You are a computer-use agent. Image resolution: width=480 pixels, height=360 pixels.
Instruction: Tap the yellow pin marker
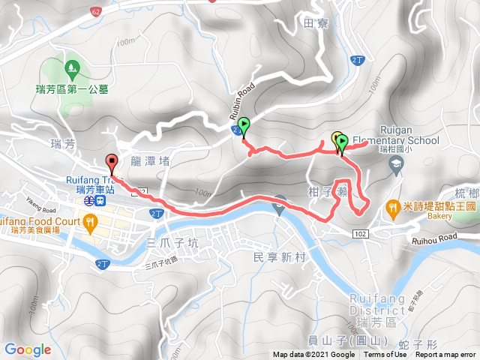point(336,139)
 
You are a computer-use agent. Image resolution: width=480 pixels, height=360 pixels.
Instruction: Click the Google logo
point(28,349)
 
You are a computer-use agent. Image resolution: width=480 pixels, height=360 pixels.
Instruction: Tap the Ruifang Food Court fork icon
point(90,221)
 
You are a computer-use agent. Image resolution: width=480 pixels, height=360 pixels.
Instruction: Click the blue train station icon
point(88,201)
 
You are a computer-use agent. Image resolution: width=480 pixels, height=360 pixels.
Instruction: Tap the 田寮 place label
point(316,23)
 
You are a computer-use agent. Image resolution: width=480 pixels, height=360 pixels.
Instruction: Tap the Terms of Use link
point(385,355)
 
